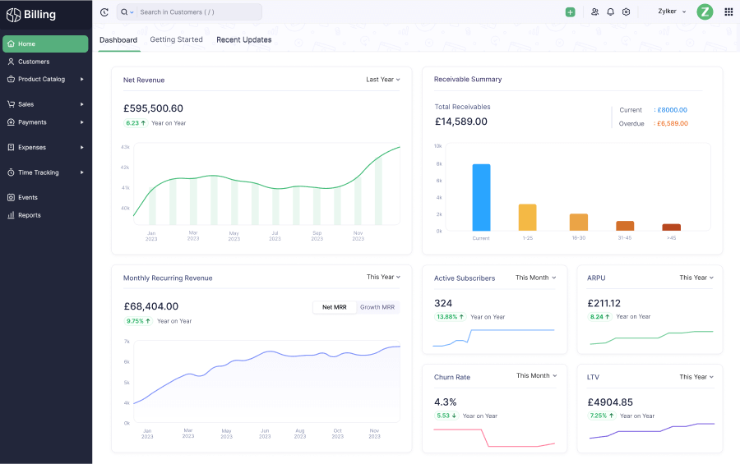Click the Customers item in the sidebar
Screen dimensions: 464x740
click(34, 62)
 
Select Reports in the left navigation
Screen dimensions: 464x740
click(30, 215)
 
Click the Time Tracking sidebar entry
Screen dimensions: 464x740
click(39, 172)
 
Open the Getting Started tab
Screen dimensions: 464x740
click(176, 39)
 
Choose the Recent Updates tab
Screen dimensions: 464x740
click(243, 39)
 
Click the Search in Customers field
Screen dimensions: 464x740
click(197, 12)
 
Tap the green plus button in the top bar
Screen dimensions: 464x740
click(570, 12)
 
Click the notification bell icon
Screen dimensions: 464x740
click(610, 12)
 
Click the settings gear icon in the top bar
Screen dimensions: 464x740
click(626, 12)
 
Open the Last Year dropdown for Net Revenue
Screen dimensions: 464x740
click(383, 80)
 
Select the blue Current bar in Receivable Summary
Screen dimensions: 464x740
click(481, 197)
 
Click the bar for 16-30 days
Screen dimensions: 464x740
click(579, 222)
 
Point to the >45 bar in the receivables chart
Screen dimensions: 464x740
click(672, 227)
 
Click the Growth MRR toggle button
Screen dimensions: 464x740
click(377, 307)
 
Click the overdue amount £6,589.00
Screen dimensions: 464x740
click(672, 124)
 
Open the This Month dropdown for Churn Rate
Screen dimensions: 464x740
click(536, 376)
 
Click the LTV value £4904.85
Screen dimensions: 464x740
click(610, 402)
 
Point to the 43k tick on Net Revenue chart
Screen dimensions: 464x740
click(125, 147)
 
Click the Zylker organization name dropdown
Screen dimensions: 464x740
click(672, 12)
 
